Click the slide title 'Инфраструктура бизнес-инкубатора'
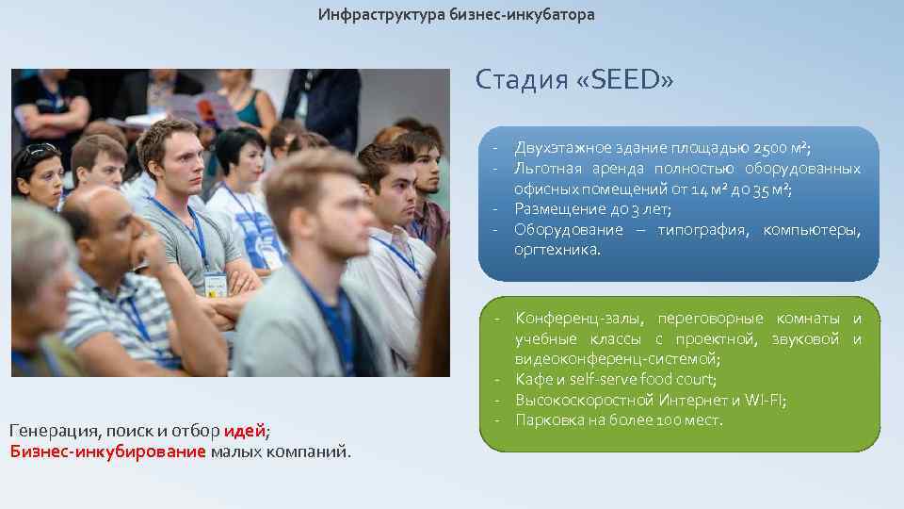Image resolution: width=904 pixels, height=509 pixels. [x=456, y=15]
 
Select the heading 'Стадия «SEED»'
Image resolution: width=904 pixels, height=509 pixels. [x=573, y=80]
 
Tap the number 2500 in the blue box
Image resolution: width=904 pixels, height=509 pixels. [x=769, y=148]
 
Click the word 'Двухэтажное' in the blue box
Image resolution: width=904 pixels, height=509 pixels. [x=557, y=148]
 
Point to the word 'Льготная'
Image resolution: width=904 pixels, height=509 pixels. [x=545, y=169]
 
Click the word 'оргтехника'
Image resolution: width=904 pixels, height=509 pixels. [x=555, y=250]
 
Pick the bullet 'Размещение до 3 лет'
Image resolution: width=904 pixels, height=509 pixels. [x=592, y=209]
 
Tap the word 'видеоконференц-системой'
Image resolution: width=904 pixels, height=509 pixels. [x=617, y=359]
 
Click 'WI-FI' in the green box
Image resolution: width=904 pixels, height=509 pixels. [x=765, y=400]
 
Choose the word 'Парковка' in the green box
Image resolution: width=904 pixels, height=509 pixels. [x=547, y=419]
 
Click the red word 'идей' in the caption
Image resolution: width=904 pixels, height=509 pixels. [x=245, y=432]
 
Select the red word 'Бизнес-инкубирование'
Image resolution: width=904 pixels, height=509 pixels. [x=107, y=452]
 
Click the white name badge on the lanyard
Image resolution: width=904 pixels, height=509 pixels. [x=216, y=283]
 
